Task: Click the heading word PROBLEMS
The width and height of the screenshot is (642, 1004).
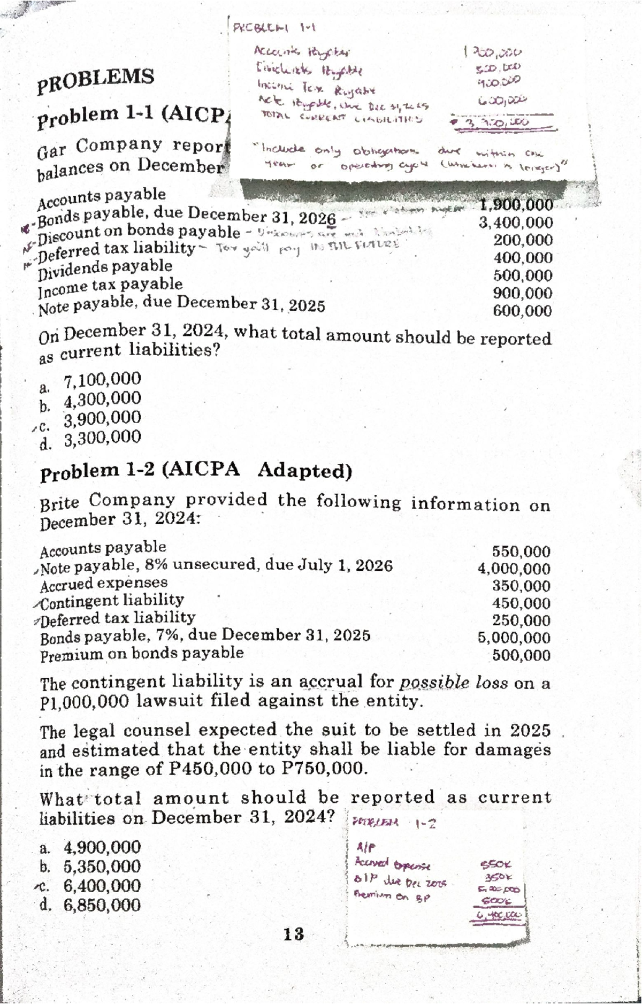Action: coord(96,80)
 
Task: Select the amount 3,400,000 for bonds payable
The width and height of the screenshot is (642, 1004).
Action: coord(515,223)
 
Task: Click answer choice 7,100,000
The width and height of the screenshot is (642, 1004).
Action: coord(102,379)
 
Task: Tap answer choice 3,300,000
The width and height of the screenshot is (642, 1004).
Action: coord(102,439)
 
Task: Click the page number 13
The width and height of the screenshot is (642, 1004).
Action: coord(293,934)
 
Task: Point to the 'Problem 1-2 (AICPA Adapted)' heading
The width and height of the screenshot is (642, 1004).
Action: coord(196,471)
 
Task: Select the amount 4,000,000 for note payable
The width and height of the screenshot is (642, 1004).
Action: coord(514,569)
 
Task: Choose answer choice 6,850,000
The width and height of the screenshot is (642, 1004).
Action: coord(102,905)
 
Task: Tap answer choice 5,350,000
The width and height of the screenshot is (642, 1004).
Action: coord(102,867)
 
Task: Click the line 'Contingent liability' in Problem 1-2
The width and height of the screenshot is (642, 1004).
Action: coord(112,601)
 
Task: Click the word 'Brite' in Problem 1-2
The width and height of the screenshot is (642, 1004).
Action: coord(59,503)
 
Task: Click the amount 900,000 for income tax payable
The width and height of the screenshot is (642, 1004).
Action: coord(522,293)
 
